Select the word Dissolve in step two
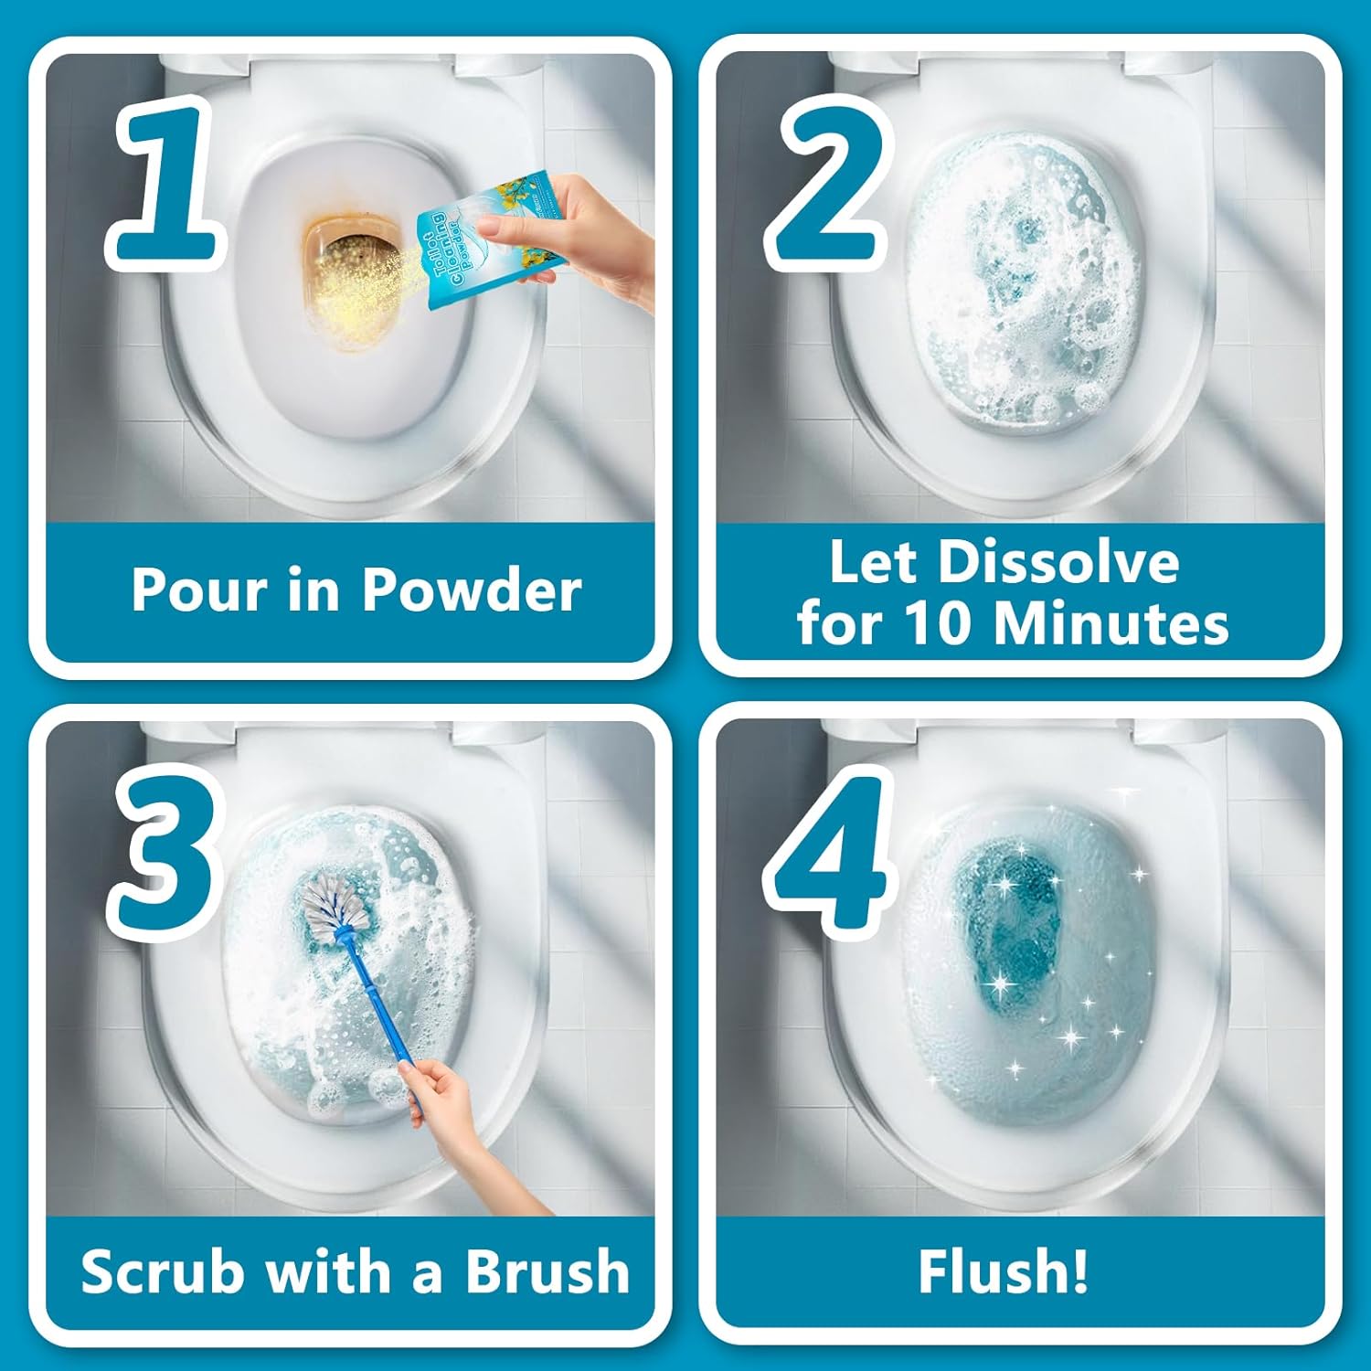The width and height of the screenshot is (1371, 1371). tap(1059, 561)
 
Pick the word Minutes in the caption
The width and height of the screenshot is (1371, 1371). tap(1111, 624)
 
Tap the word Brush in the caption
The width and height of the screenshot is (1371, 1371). tap(547, 1271)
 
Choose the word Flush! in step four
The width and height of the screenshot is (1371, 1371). tap(1004, 1271)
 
